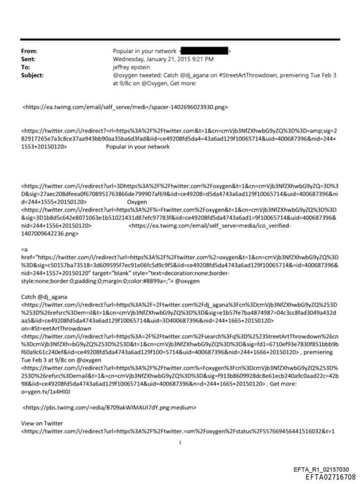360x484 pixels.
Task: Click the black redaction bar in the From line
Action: point(205,51)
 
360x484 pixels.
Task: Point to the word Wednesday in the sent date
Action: point(129,59)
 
